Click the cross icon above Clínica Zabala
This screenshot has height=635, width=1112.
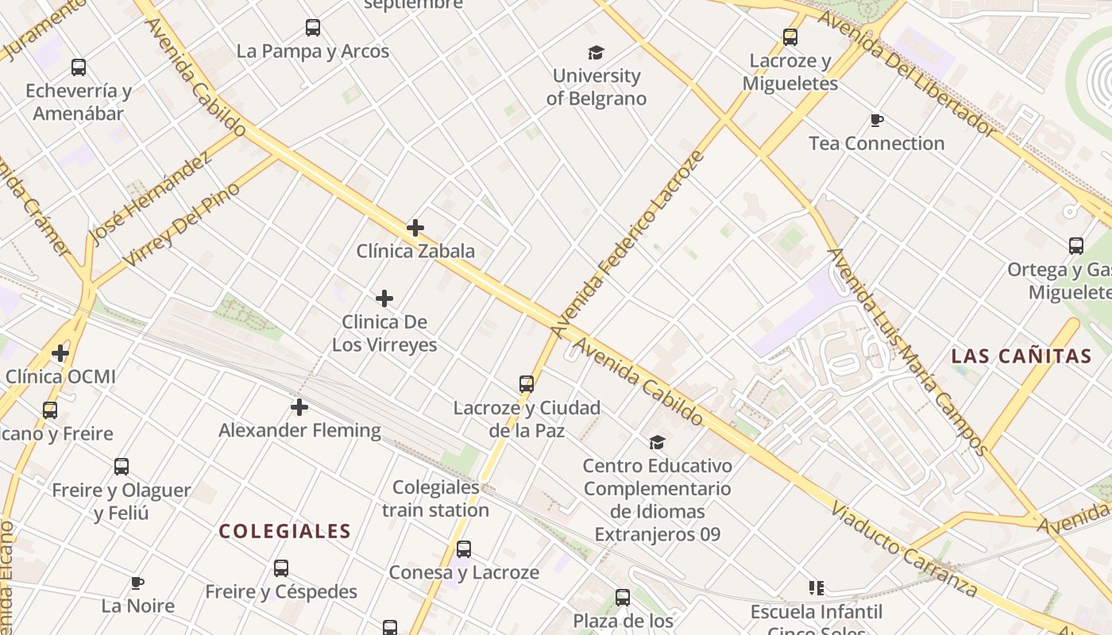point(415,229)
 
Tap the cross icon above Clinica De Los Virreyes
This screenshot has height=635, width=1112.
point(384,298)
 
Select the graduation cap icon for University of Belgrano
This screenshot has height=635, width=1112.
point(597,53)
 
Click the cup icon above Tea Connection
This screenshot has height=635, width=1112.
point(877,121)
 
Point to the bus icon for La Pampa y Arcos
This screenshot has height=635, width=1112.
point(313,28)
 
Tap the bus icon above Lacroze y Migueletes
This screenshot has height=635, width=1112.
point(790,37)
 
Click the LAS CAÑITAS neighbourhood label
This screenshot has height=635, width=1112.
point(1021,356)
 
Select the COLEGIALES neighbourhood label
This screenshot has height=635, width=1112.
point(284,532)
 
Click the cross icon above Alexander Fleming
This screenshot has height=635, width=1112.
point(299,407)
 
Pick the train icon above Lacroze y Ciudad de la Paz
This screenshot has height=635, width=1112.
point(526,384)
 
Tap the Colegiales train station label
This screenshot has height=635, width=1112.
point(436,498)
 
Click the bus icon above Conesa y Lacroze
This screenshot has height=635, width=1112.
point(464,549)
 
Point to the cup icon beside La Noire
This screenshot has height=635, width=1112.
point(137,583)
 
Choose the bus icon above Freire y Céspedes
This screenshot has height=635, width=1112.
point(281,568)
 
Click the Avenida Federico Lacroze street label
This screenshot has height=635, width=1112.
point(627,244)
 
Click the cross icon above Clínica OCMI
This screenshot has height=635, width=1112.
point(60,352)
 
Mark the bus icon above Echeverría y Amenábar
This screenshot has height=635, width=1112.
point(78,67)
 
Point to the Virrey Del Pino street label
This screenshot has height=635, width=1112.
point(182,225)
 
